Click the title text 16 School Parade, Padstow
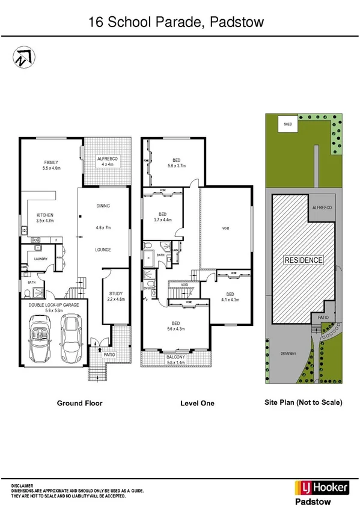click(x=175, y=22)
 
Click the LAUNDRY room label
click(x=40, y=259)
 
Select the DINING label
click(x=103, y=206)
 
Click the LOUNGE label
click(x=103, y=249)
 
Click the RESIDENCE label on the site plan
click(x=304, y=260)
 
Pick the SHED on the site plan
click(x=288, y=124)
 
